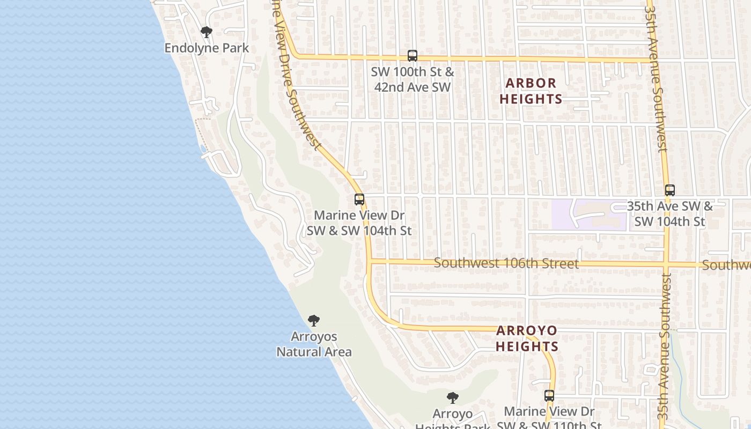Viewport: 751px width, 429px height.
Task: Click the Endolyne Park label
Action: point(207,48)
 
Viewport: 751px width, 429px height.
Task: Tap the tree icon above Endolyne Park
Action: point(207,32)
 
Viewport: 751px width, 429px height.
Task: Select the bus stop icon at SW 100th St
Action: point(412,55)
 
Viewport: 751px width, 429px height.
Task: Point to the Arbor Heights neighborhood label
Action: point(531,91)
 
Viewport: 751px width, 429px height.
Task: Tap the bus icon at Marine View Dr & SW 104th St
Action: point(359,199)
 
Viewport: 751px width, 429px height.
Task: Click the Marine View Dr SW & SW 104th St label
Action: point(359,223)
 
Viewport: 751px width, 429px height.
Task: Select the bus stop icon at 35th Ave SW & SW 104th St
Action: point(669,190)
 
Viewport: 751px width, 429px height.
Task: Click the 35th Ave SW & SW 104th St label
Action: point(670,213)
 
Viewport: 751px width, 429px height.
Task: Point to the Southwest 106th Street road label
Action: point(506,263)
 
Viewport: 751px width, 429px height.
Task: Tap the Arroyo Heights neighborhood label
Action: point(527,338)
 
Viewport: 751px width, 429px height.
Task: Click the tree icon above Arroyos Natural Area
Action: point(314,321)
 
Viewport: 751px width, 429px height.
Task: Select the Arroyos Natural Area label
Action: point(314,344)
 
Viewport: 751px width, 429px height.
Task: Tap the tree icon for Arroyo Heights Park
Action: point(453,398)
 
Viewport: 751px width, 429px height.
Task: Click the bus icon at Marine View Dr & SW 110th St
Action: point(549,396)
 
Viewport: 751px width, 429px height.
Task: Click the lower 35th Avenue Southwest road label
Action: point(665,349)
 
